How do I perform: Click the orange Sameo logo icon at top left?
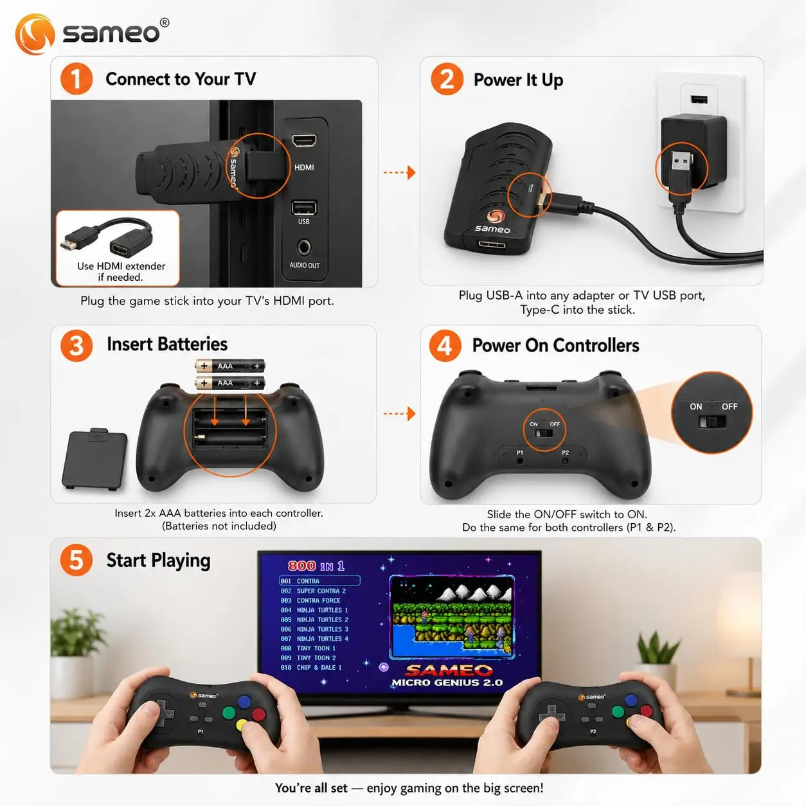(35, 34)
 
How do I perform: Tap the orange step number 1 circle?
(76, 78)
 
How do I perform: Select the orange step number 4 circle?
(445, 346)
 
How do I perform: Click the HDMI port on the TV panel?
(304, 141)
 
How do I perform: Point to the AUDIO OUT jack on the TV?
(303, 247)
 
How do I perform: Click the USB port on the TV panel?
(304, 208)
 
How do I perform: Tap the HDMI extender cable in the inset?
(107, 238)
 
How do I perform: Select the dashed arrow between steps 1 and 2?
(399, 172)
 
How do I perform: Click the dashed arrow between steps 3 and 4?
(399, 414)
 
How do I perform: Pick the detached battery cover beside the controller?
(94, 459)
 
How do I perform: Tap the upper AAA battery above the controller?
(229, 366)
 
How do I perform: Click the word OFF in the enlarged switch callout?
(730, 407)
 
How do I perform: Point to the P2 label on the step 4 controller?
(565, 452)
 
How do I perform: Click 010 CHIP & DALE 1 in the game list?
(311, 668)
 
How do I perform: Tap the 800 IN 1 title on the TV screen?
(316, 566)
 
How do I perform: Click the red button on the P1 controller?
(259, 714)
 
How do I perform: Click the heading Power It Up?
(518, 80)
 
